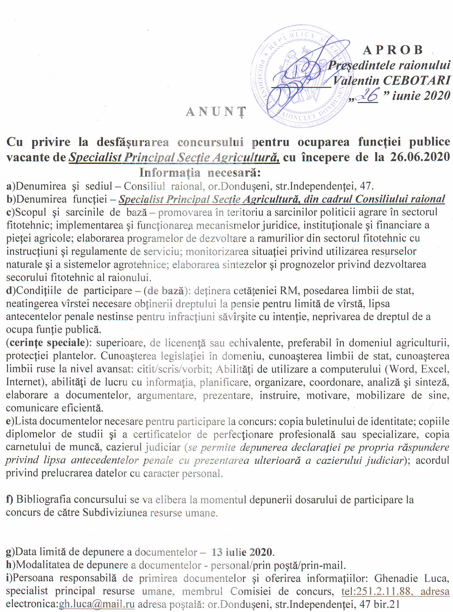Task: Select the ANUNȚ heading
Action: [x=215, y=112]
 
